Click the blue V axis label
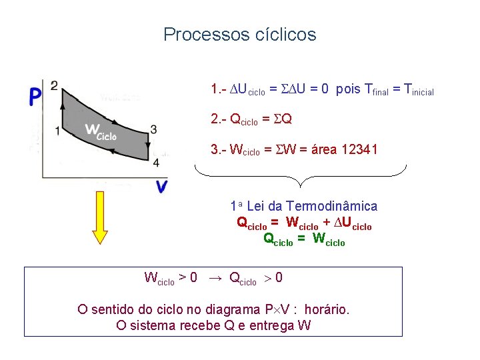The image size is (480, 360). click(x=161, y=187)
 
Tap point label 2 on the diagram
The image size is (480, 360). click(x=54, y=85)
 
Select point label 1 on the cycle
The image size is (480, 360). click(x=57, y=131)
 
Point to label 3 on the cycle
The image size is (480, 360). click(x=154, y=129)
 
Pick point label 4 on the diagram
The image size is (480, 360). click(x=155, y=162)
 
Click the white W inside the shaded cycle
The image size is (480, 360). click(x=93, y=129)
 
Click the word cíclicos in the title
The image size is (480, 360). click(x=285, y=34)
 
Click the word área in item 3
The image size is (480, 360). click(x=321, y=150)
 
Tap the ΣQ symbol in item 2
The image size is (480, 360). click(x=283, y=119)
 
